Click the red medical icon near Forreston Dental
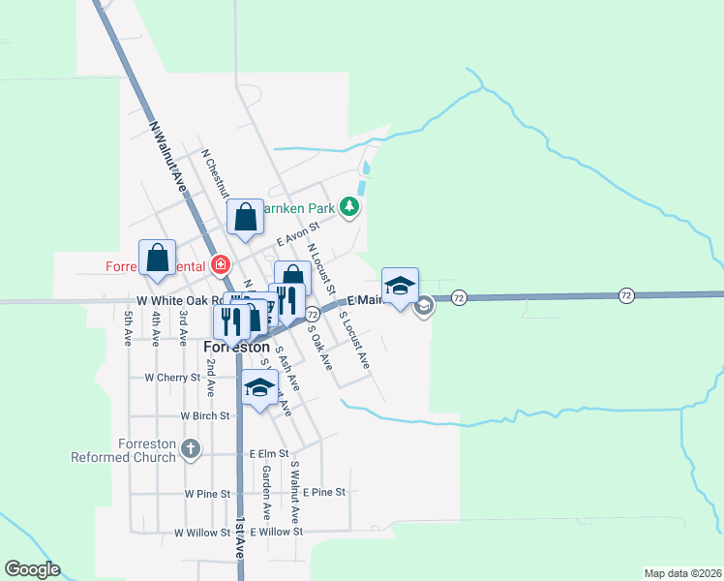pyautogui.click(x=222, y=264)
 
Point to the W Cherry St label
pyautogui.click(x=171, y=377)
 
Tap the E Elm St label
pyautogui.click(x=269, y=453)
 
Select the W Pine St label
pyautogui.click(x=206, y=494)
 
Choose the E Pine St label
pyautogui.click(x=323, y=493)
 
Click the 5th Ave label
pyautogui.click(x=128, y=328)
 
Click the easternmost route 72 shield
pyautogui.click(x=627, y=294)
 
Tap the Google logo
pyautogui.click(x=32, y=569)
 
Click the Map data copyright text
pyautogui.click(x=681, y=573)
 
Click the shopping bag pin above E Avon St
pyautogui.click(x=245, y=219)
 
